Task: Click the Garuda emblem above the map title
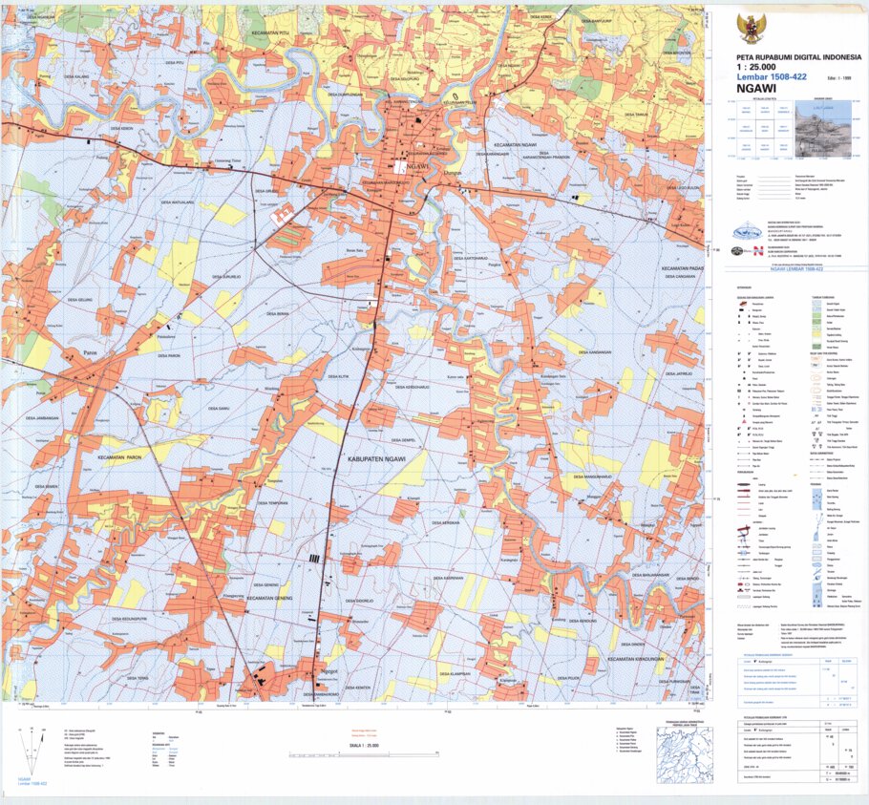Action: click(752, 28)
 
